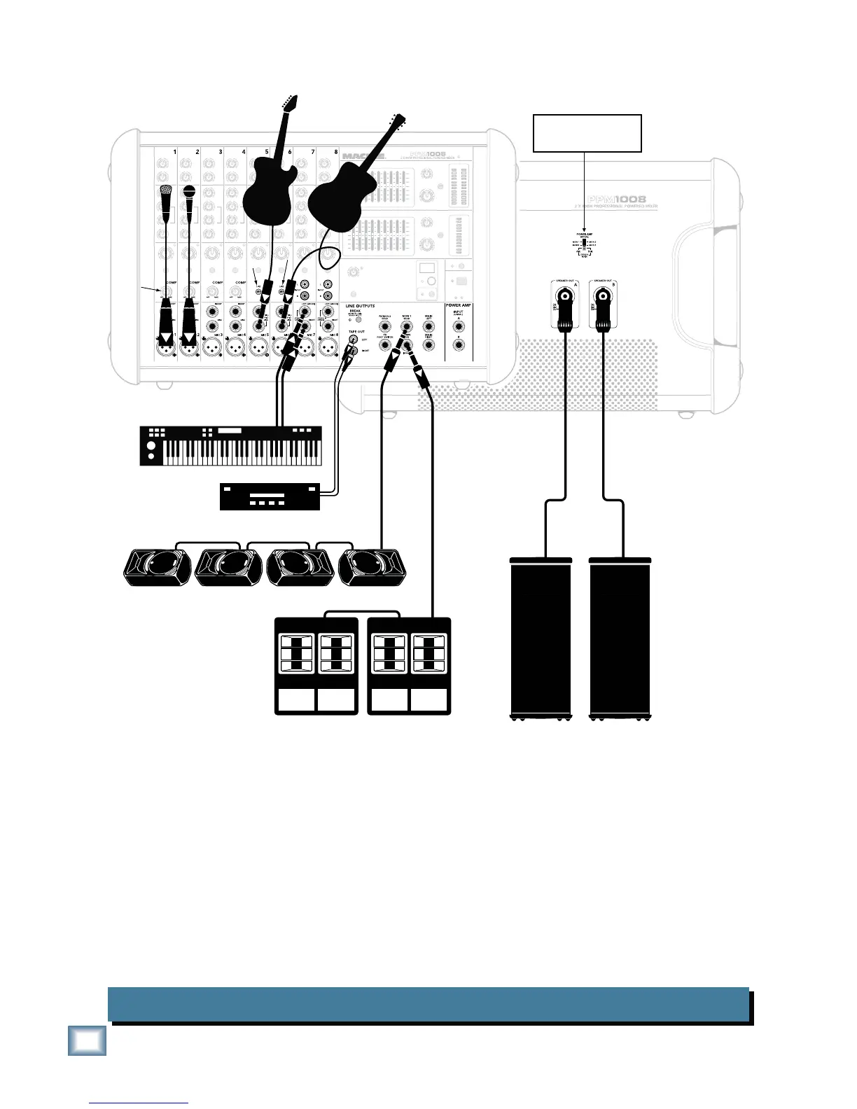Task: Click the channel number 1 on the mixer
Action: click(174, 151)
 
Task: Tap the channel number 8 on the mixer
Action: click(336, 151)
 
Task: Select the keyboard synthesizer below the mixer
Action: click(231, 445)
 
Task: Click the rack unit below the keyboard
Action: click(270, 496)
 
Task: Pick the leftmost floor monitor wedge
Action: click(157, 567)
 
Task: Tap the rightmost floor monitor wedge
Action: click(372, 567)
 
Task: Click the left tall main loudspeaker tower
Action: click(541, 637)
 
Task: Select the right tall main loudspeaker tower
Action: click(620, 637)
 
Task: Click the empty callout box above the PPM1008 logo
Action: click(587, 133)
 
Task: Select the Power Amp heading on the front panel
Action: click(458, 306)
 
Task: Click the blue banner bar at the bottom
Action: click(428, 1004)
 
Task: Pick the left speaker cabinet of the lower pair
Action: click(316, 665)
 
